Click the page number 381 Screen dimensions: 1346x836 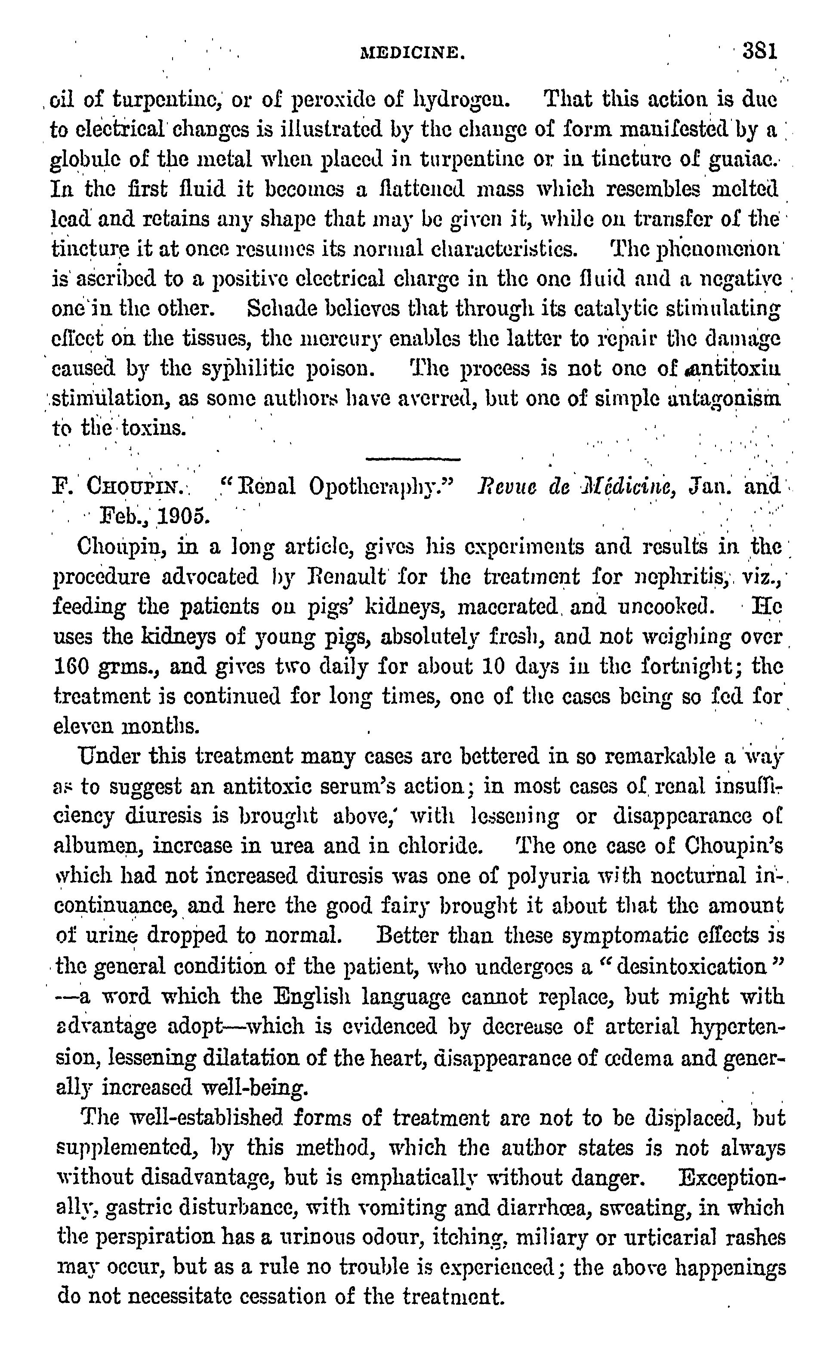[760, 52]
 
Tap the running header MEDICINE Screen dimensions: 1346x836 [412, 54]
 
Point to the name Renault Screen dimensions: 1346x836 [346, 576]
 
